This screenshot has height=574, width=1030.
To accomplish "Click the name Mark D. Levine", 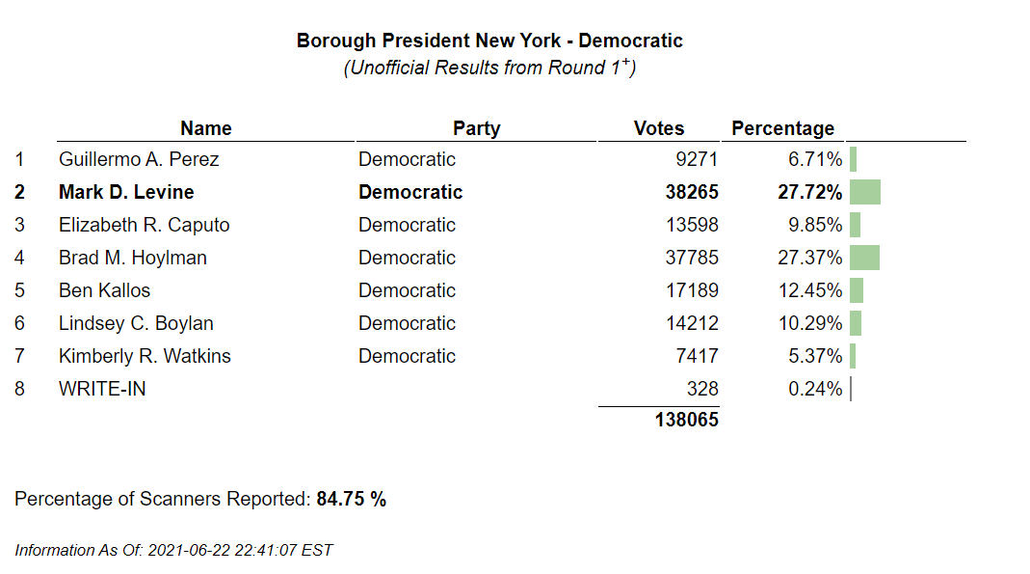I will click(x=126, y=192).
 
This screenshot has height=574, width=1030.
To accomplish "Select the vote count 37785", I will click(x=692, y=258).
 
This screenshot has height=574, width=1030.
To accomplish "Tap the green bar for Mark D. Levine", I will click(x=865, y=192).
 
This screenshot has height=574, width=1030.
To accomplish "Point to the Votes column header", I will click(x=659, y=128).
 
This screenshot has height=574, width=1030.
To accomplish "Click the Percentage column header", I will click(x=782, y=128).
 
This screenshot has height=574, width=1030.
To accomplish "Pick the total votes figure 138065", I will click(x=686, y=420).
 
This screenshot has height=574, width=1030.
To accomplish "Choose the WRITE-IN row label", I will click(x=102, y=389).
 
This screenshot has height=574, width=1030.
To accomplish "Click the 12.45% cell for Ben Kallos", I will click(x=810, y=290).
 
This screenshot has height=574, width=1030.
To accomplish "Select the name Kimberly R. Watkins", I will click(x=145, y=356).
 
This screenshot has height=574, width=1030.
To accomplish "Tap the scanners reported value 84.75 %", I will click(x=351, y=499).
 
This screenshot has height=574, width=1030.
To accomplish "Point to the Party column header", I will click(x=477, y=128).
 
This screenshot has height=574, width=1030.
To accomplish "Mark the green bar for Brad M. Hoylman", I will click(x=864, y=258).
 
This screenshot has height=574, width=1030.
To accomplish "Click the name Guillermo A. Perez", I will click(x=139, y=159).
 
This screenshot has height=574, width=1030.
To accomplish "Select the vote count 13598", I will click(x=692, y=225).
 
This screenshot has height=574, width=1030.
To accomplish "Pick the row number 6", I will click(x=19, y=323).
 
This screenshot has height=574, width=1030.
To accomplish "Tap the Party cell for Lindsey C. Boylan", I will click(x=407, y=323).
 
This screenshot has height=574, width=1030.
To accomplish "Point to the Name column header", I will click(x=206, y=128).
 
